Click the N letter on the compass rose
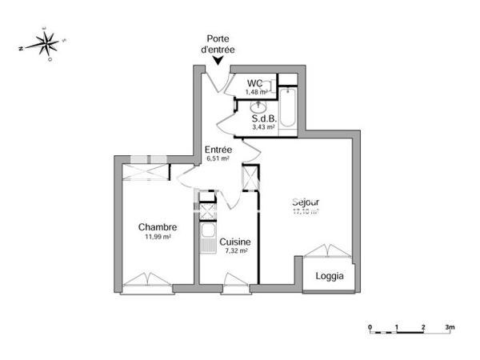(20, 49)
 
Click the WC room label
(255, 83)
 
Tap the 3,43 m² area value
(263, 126)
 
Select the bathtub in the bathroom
(288, 110)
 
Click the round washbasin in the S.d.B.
(258, 106)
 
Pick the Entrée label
(218, 150)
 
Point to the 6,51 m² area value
(218, 158)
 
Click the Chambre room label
(157, 227)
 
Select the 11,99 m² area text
(157, 237)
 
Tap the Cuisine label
(236, 242)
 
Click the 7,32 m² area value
(236, 250)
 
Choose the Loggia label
(330, 276)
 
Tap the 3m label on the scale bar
(450, 328)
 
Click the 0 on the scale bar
(370, 328)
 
